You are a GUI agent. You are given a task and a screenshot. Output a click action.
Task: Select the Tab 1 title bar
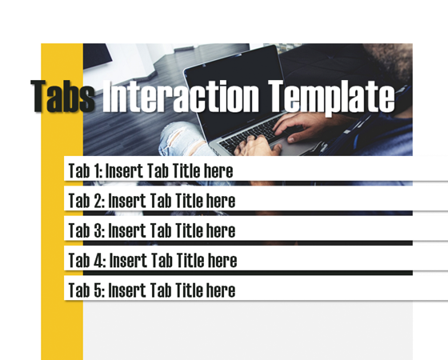pyautogui.click(x=240, y=170)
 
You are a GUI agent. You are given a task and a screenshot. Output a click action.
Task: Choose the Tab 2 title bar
pyautogui.click(x=240, y=200)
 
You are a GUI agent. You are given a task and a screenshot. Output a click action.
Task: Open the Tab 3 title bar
pyautogui.click(x=240, y=230)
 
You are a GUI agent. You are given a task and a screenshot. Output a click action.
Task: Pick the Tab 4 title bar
pyautogui.click(x=240, y=260)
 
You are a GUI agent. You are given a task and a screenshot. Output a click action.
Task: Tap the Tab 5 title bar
pyautogui.click(x=240, y=290)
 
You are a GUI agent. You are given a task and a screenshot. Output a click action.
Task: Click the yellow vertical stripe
pyautogui.click(x=62, y=320)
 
